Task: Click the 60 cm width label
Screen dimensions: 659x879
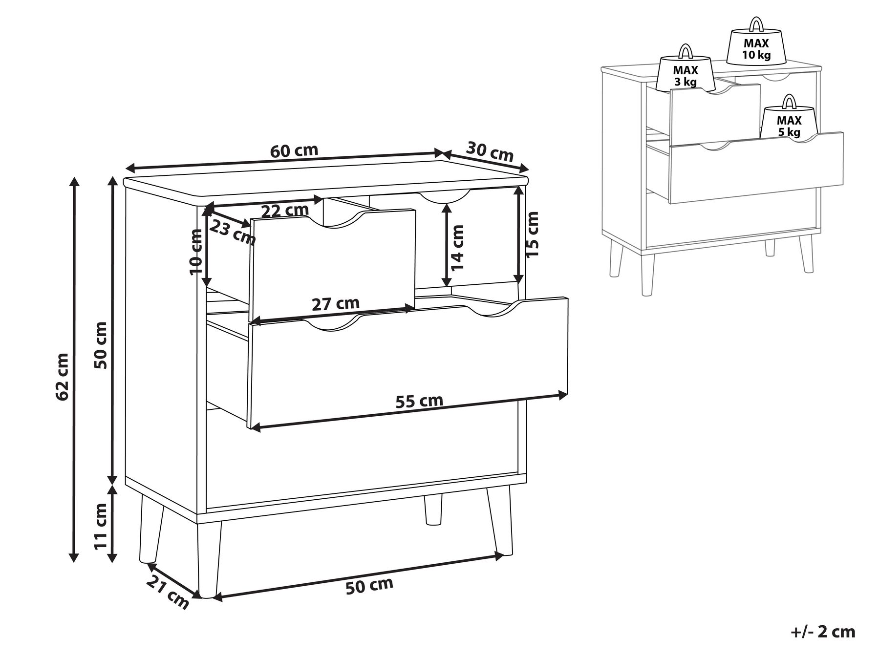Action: (294, 150)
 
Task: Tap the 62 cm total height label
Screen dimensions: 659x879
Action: (62, 376)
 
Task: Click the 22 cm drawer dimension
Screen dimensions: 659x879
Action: (285, 211)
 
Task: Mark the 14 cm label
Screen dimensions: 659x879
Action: (457, 248)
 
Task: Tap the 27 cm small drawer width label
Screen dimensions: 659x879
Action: (335, 304)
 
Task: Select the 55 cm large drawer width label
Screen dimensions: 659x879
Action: (419, 402)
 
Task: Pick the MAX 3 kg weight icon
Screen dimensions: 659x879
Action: (685, 73)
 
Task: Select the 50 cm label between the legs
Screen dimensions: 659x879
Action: (369, 586)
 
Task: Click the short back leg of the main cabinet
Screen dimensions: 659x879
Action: (432, 509)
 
